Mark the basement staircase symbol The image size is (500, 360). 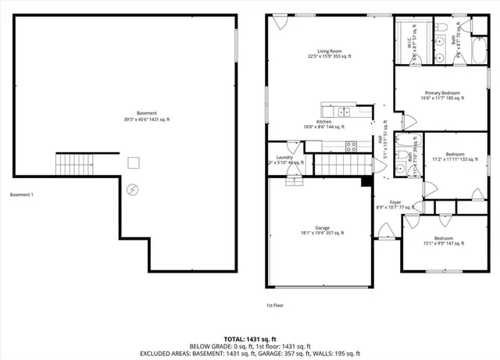pyautogui.click(x=73, y=165)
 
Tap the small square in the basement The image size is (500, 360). pyautogui.click(x=134, y=162)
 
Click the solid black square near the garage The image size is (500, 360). pyautogui.click(x=366, y=183)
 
